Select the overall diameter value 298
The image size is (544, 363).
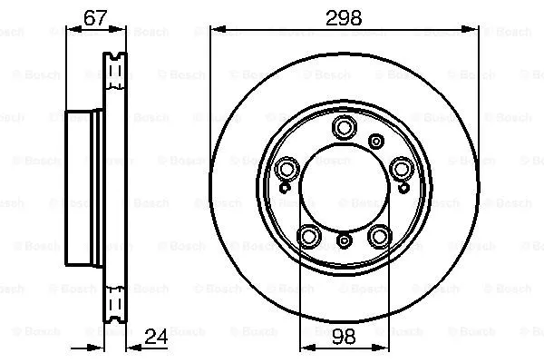pos(345,16)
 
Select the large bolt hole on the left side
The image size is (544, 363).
pos(287,168)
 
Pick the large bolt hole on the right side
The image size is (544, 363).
pos(402,168)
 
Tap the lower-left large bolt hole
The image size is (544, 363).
pos(309,236)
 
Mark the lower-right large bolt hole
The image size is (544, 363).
pos(380,236)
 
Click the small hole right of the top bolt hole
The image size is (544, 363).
pos(375,140)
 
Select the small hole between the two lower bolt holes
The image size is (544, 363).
pos(345,240)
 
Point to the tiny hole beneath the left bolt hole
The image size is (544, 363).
pos(286,189)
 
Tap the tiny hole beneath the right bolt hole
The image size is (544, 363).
pos(403,189)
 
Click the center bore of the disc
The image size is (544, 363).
pos(345,186)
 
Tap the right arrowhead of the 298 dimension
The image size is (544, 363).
pos(473,30)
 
